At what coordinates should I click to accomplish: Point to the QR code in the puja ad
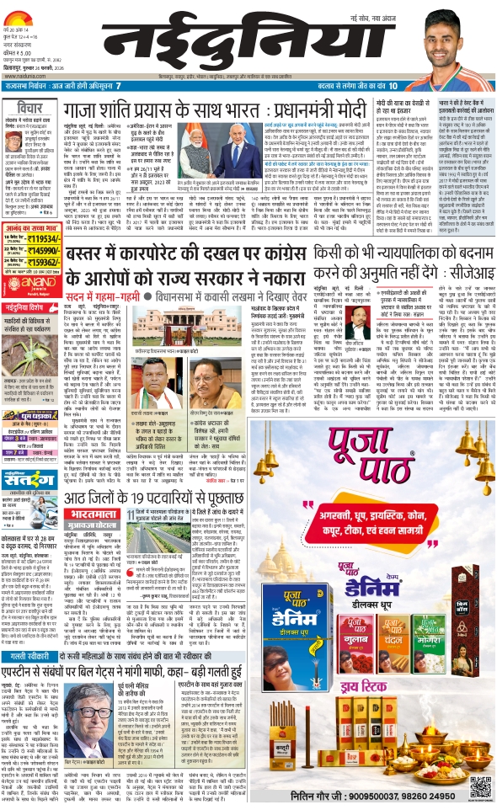pyautogui.click(x=480, y=786)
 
